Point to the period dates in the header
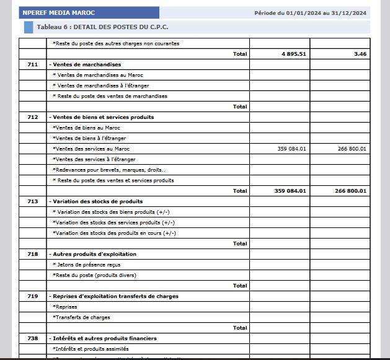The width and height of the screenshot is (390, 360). coord(310,13)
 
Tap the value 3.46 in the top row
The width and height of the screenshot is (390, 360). coord(360,54)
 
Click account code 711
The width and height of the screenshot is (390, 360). coord(33,64)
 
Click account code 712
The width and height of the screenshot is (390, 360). coord(33,117)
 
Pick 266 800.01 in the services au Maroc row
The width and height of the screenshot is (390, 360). coord(352,149)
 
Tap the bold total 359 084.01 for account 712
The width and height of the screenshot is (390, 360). coord(290,191)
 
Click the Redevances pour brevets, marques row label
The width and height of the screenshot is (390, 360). coord(109,170)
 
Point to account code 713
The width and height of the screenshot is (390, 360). coord(33,201)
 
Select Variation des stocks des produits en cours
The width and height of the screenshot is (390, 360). coord(115,233)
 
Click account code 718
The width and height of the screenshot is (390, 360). coord(33,254)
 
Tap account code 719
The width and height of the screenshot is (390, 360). coord(33,296)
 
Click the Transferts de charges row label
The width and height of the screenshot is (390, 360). coord(82,317)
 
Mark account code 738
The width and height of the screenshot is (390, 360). coord(33,338)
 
